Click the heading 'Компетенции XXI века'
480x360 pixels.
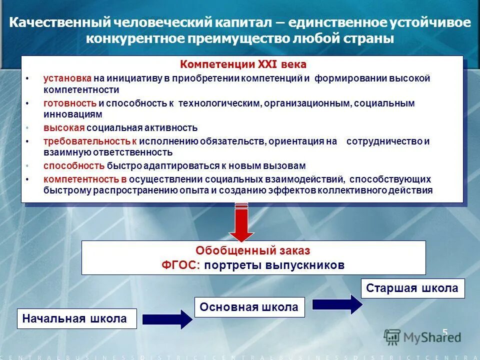243,65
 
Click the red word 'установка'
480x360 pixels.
67,78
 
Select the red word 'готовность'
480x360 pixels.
69,103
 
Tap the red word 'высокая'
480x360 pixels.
63,127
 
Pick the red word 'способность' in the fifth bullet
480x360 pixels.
73,165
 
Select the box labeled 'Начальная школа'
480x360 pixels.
76,318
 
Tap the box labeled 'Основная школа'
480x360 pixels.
249,307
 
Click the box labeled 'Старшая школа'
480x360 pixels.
412,288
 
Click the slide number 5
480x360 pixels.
444,331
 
